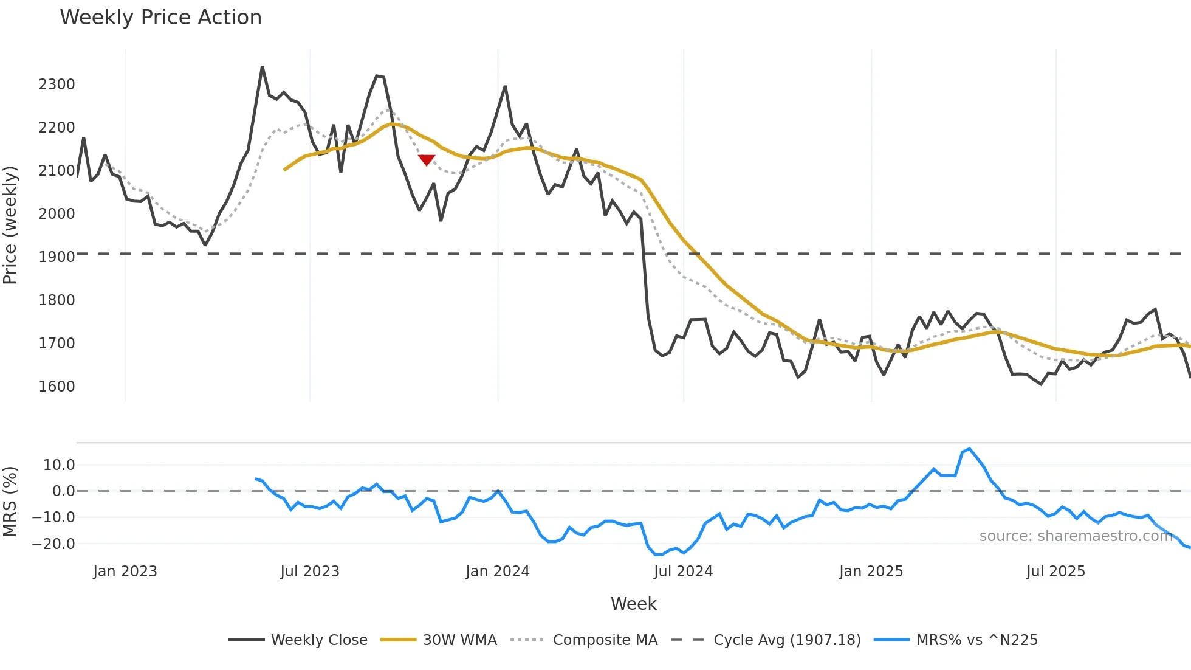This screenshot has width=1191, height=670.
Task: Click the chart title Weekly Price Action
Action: click(160, 18)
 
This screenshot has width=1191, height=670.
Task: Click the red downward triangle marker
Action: click(427, 160)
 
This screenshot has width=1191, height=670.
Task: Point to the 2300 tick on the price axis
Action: click(57, 85)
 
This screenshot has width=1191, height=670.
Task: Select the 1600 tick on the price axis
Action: click(57, 387)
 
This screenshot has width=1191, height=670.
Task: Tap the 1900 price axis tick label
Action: click(57, 257)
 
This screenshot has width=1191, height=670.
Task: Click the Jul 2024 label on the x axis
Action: click(683, 572)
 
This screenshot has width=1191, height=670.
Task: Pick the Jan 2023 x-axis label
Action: click(125, 572)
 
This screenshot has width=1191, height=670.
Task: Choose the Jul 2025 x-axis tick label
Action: click(1055, 572)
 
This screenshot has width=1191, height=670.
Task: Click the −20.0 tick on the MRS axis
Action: click(53, 544)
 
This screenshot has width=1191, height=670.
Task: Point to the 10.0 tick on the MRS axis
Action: click(59, 465)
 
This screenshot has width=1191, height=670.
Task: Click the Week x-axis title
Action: click(633, 604)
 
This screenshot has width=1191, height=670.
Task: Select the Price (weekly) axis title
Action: click(10, 225)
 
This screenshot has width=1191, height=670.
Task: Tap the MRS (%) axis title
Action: click(10, 502)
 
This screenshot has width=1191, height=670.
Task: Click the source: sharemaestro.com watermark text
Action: click(1076, 536)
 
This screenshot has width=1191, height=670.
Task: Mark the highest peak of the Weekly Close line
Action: click(262, 67)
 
